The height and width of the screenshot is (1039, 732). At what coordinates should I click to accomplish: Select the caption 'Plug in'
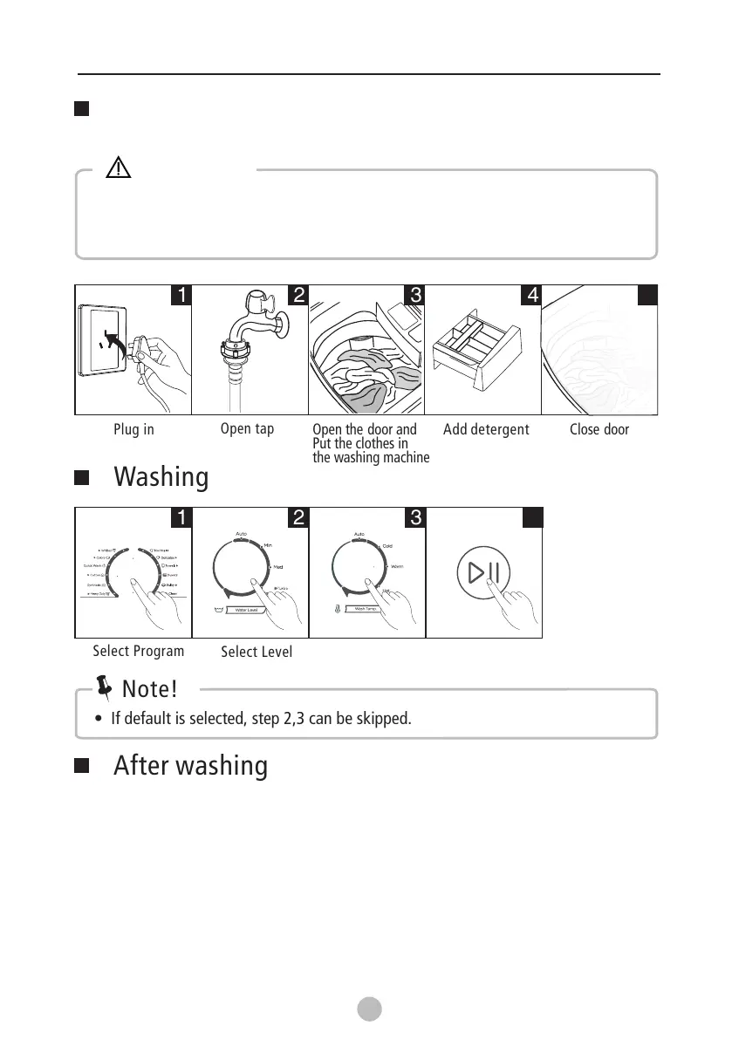133,430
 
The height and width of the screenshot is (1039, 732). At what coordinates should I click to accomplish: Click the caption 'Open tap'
247,429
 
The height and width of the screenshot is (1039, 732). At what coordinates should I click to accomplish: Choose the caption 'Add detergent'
486,430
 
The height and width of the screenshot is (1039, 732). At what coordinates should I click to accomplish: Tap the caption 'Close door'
599,430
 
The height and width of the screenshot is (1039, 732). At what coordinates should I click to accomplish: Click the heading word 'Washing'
161,478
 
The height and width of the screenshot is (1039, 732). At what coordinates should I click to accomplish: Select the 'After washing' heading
190,766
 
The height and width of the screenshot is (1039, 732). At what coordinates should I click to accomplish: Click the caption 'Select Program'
139,651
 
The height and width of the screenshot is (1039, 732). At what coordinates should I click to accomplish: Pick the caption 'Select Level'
257,652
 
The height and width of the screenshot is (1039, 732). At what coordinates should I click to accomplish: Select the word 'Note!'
150,689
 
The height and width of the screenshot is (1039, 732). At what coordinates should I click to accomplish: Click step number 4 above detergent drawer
531,295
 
